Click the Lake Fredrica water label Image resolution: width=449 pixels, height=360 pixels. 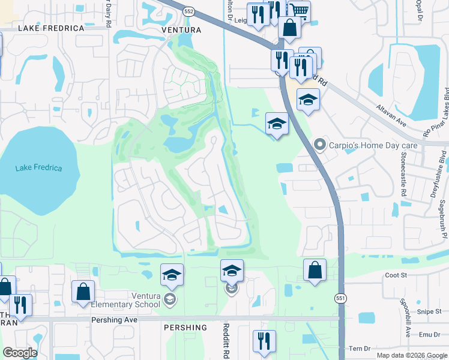click(39, 168)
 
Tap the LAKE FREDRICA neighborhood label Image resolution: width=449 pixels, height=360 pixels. click(51, 28)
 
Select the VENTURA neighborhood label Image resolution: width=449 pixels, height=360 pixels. click(181, 29)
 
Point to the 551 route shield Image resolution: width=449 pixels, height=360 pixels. click(340, 298)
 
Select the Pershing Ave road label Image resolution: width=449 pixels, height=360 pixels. click(114, 320)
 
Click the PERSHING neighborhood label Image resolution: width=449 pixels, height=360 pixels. click(184, 328)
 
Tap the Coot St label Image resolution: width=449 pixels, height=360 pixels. click(396, 275)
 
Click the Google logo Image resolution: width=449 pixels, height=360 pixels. click(20, 353)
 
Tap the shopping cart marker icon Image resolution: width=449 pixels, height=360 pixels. click(299, 10)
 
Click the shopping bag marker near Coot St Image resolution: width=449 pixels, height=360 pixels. click(315, 271)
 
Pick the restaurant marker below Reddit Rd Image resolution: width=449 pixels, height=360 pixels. click(264, 341)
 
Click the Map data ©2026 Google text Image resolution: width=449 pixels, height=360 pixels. click(411, 355)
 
